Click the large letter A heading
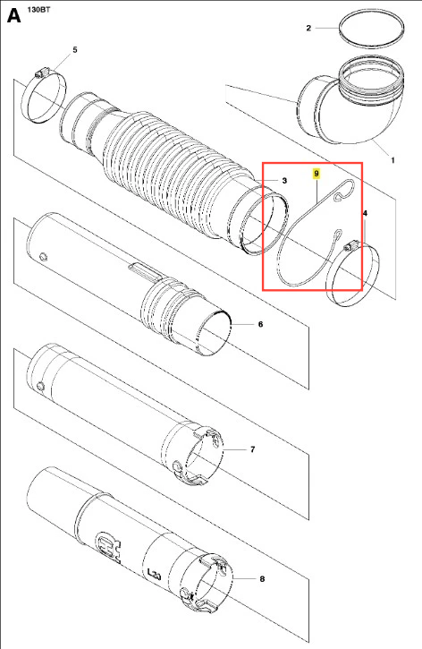[13, 16]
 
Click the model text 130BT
[38, 9]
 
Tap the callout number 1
[392, 160]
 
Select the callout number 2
[308, 28]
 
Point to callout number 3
[284, 181]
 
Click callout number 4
[365, 213]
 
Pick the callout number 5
[75, 49]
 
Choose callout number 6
[260, 324]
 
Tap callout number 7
[252, 449]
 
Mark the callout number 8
[262, 578]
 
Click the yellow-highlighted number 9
[316, 174]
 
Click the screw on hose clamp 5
[40, 73]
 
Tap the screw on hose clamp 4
[350, 247]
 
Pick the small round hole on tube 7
[40, 386]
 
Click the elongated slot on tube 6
[145, 270]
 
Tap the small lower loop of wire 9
[338, 235]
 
